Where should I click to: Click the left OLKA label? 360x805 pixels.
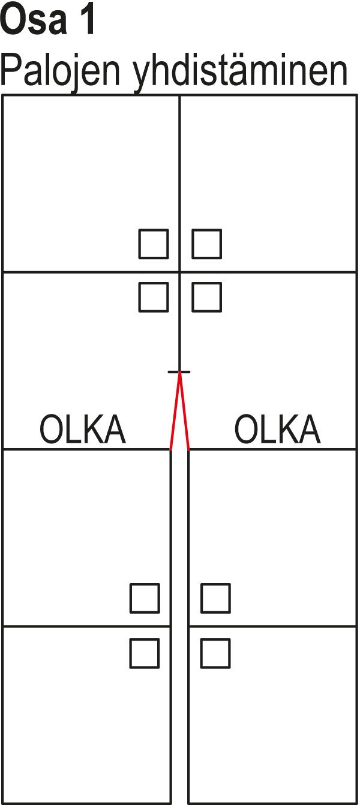pos(82,429)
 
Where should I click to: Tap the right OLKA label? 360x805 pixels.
pos(277,429)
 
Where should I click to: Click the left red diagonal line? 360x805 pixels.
pos(175,411)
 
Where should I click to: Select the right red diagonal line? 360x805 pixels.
pos(184,411)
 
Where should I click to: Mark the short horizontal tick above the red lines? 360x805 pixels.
pos(179,372)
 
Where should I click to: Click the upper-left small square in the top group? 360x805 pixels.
pos(154,244)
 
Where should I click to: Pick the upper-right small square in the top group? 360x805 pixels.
pos(206,244)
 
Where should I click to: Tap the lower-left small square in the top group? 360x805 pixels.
pos(154,298)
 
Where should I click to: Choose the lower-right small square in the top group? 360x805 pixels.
pos(206,298)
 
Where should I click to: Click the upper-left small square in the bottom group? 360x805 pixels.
pos(145,598)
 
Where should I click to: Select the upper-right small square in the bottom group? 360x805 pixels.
pos(215,598)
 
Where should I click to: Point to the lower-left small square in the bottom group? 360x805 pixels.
pos(145,653)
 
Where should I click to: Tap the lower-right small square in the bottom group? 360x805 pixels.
pos(215,653)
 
